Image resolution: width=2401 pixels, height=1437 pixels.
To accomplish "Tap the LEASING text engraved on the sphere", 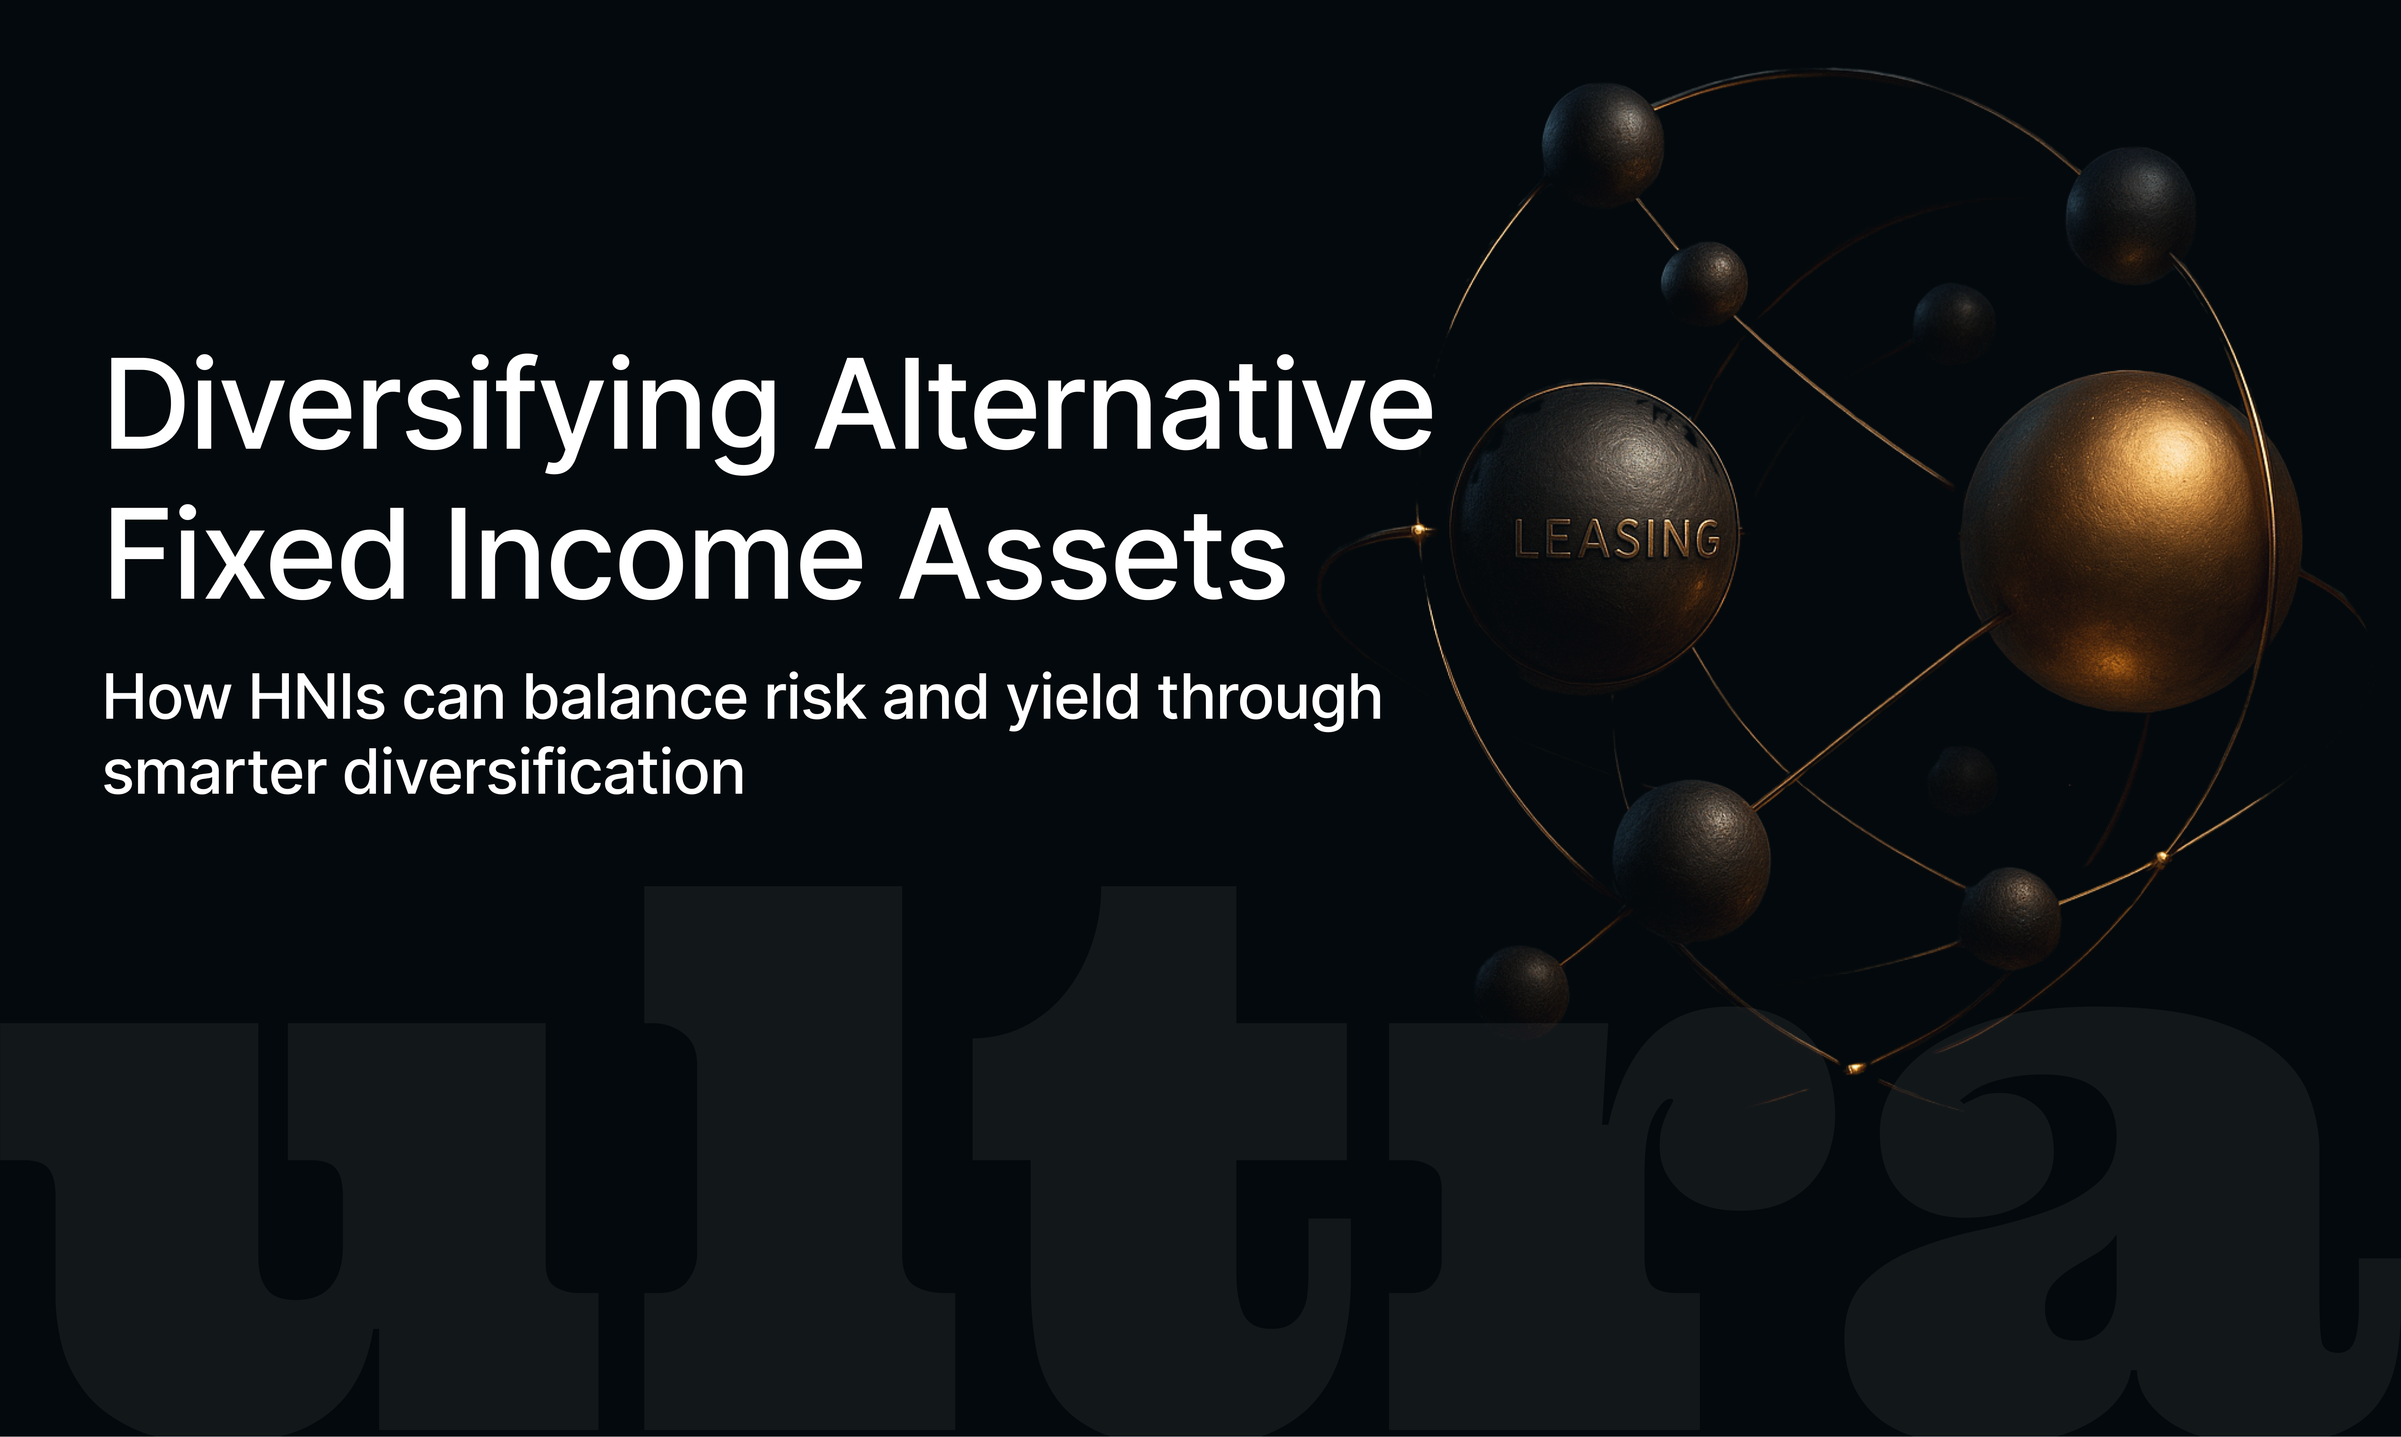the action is [1617, 538].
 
